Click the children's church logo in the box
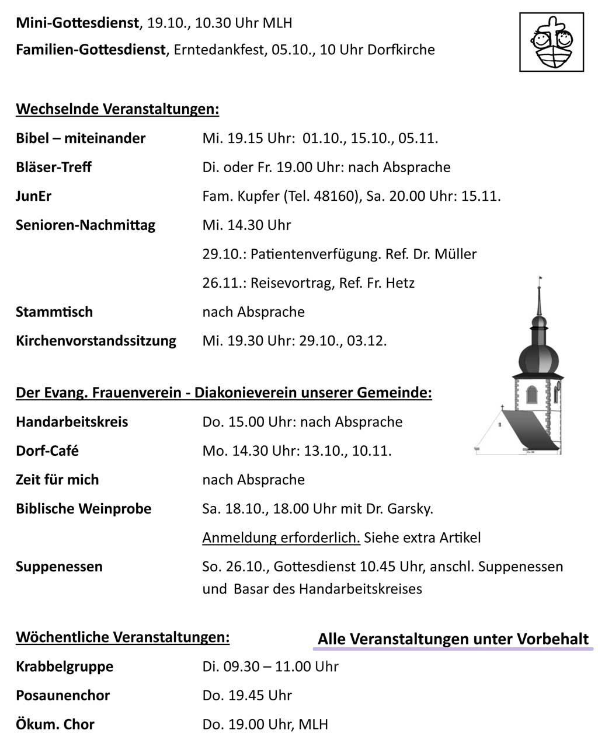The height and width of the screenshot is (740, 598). pos(551,42)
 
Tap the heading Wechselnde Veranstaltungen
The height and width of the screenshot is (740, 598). pos(117,109)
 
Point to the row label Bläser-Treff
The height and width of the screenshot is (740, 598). pos(54,167)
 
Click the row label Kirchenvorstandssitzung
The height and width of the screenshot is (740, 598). pos(96,341)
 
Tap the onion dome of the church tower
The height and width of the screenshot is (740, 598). pos(538,354)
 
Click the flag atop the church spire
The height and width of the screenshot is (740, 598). pos(540,279)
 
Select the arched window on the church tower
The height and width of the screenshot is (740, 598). pos(531,395)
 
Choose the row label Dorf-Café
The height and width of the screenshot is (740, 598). pos(47,451)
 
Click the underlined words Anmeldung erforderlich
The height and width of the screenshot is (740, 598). pos(281,537)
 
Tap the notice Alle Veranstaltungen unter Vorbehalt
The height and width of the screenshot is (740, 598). pos(453,639)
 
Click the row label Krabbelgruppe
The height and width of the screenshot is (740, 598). pos(64,666)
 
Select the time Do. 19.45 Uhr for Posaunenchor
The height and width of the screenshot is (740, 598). pos(247,696)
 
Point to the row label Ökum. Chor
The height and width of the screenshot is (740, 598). pos(55,725)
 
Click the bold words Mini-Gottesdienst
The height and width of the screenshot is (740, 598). pos(78,23)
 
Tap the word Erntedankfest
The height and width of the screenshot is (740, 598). pos(220,50)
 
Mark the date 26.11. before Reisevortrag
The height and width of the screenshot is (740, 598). pos(222,283)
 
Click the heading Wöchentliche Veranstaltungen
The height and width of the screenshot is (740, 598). pos(123,637)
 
